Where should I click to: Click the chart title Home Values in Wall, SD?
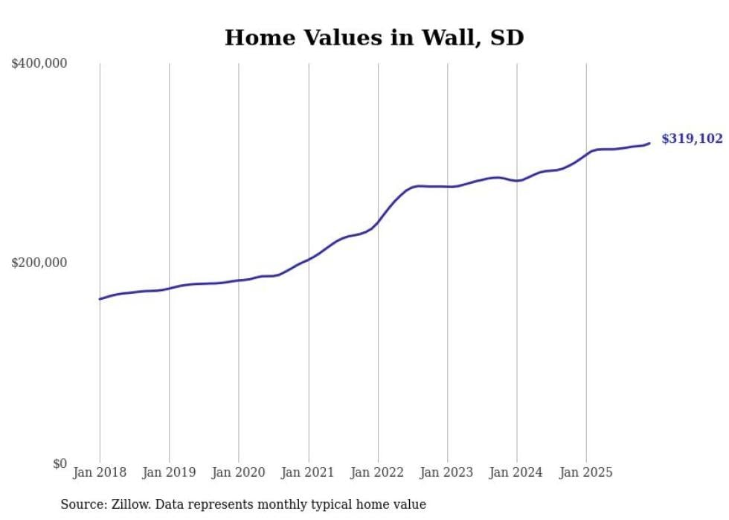(x=374, y=38)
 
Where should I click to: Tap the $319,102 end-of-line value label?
(x=691, y=139)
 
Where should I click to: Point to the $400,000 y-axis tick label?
(x=39, y=64)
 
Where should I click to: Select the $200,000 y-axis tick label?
(x=39, y=263)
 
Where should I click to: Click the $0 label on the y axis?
(x=60, y=463)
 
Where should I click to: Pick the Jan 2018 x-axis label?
(x=100, y=472)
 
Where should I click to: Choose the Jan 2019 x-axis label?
(x=169, y=472)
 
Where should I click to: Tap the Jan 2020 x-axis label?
(x=239, y=472)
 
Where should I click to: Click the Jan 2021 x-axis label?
(x=308, y=472)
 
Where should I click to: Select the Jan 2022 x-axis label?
(x=378, y=472)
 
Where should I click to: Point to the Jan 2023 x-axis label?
(x=447, y=472)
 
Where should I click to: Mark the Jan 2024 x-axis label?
(x=517, y=472)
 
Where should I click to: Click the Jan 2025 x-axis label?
(x=586, y=472)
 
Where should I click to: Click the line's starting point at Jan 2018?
(x=100, y=299)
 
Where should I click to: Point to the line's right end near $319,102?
(x=649, y=143)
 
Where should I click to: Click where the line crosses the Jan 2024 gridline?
(x=517, y=181)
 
